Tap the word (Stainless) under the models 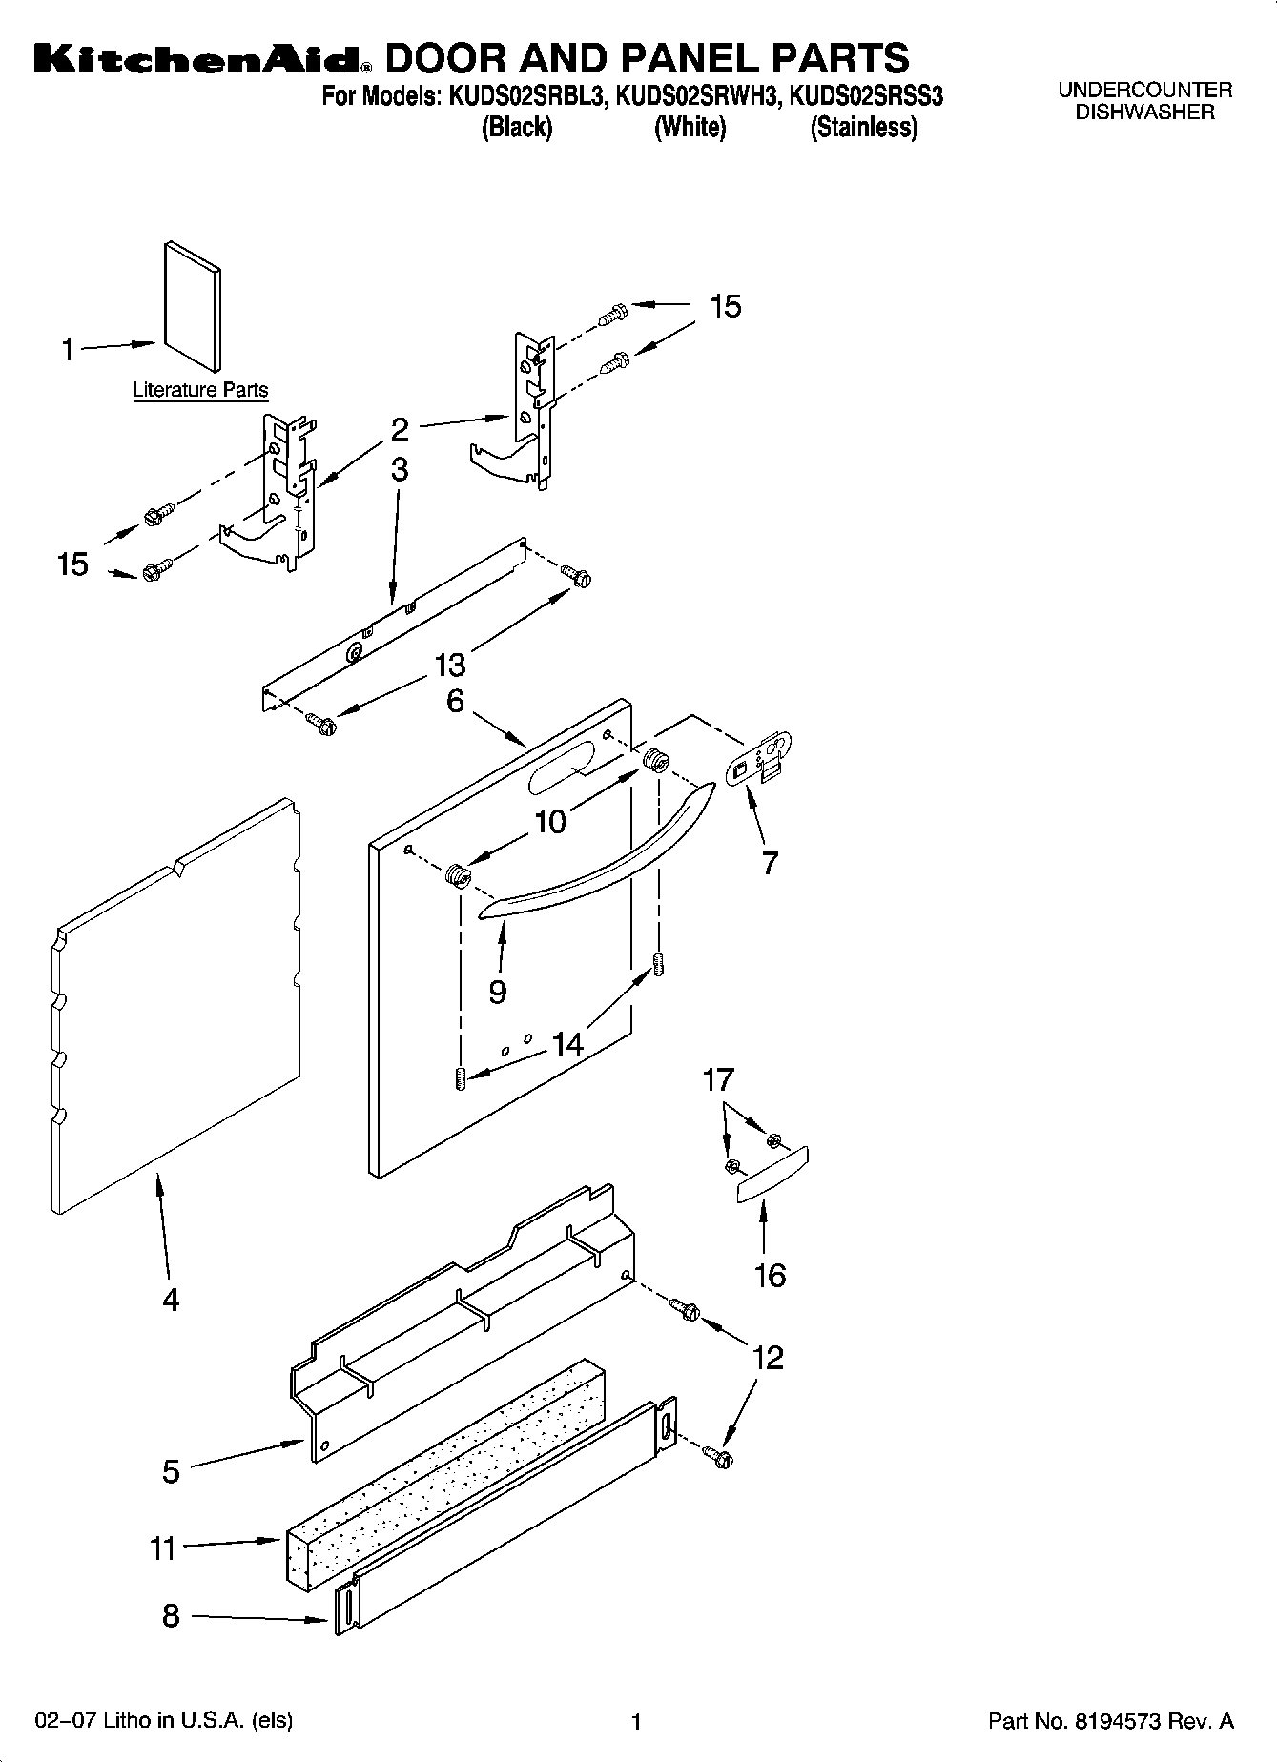point(863,128)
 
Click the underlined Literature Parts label point(199,390)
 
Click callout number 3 point(400,469)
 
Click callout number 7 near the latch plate point(770,863)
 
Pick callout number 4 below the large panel point(170,1299)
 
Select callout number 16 point(770,1275)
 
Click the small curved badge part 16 point(772,1176)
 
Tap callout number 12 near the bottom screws point(768,1357)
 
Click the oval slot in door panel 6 point(558,767)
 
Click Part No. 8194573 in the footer point(1110,1721)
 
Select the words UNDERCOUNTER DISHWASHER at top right point(1144,101)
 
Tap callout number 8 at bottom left point(170,1615)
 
